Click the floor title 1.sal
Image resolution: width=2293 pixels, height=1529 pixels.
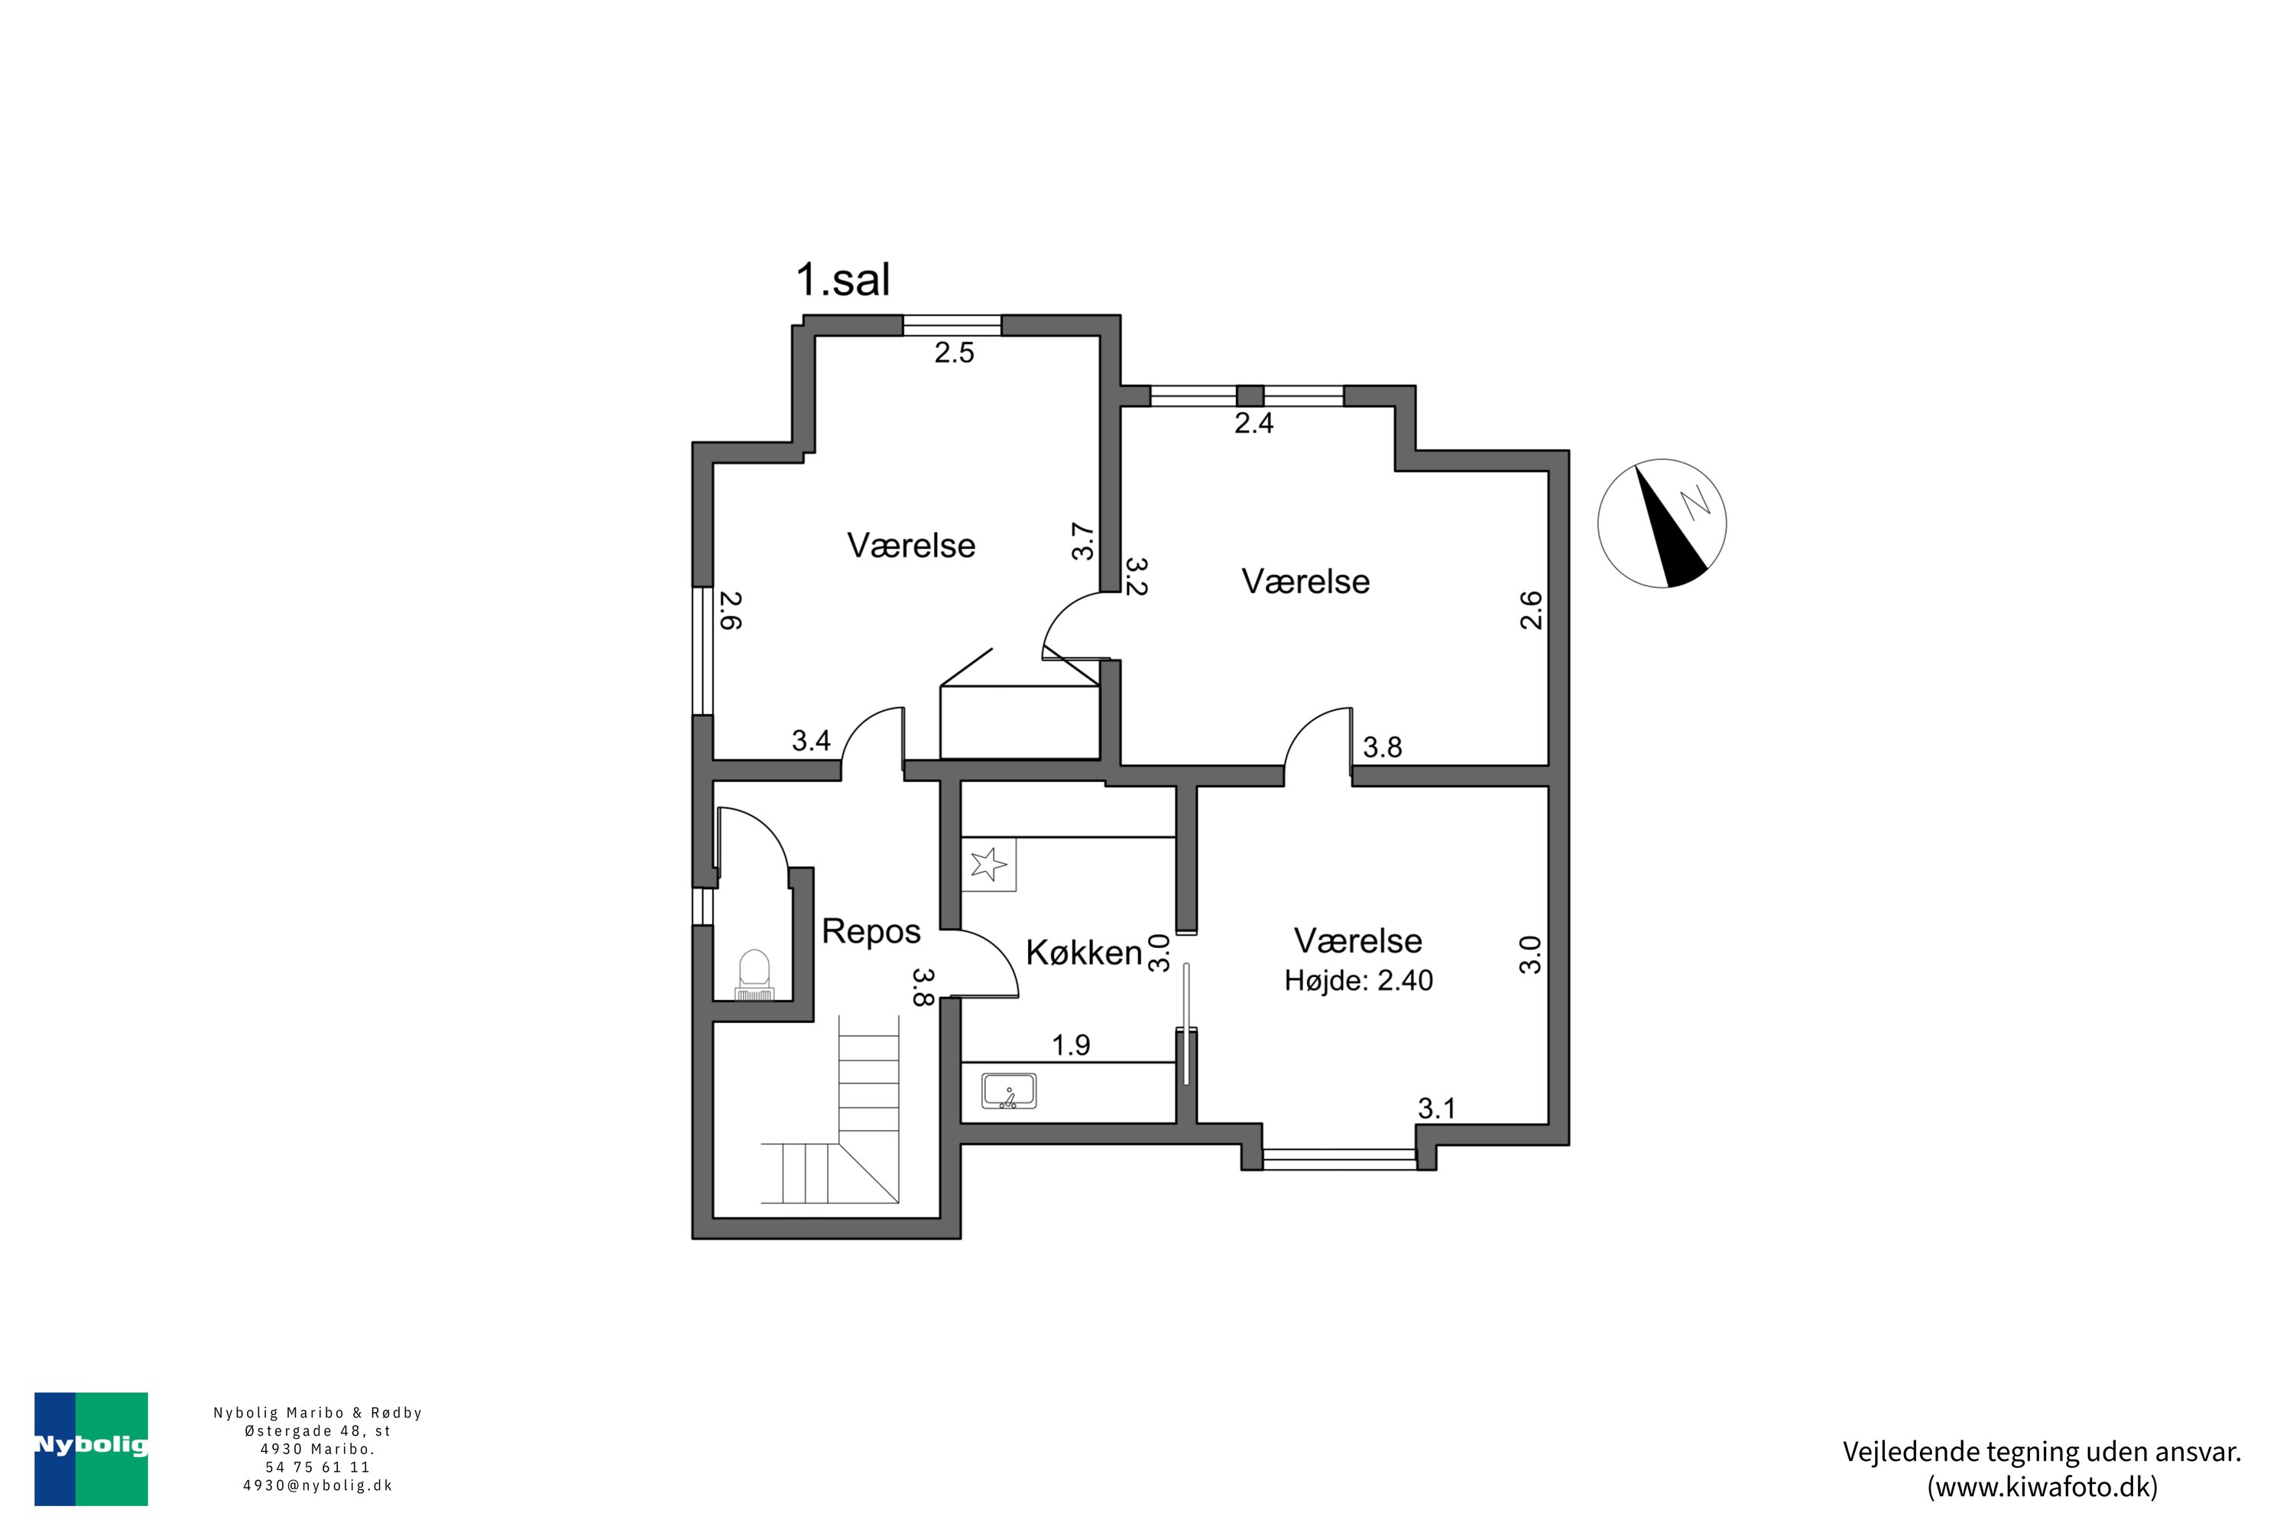click(842, 281)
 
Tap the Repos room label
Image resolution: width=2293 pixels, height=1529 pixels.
click(871, 931)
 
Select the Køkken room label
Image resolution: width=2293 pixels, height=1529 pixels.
click(1083, 953)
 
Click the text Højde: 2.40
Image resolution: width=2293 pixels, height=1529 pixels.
click(1358, 981)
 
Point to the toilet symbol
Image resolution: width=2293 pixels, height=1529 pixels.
click(754, 976)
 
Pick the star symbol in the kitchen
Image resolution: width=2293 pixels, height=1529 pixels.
click(988, 864)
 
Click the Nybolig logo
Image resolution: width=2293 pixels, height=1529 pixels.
click(91, 1448)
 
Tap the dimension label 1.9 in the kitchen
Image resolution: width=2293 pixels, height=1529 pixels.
click(1071, 1045)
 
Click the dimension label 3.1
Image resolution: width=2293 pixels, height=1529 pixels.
click(1436, 1109)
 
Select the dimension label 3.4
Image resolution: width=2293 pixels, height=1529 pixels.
click(810, 741)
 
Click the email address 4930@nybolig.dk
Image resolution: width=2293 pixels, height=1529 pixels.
click(318, 1486)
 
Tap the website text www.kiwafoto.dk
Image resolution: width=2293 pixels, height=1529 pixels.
click(2042, 1487)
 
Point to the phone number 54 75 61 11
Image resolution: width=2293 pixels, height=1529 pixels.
click(318, 1466)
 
